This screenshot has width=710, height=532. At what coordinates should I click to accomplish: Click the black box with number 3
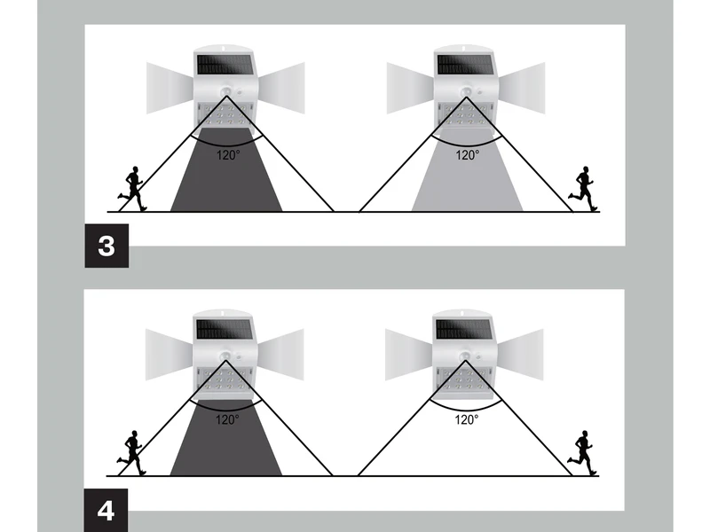pyautogui.click(x=106, y=246)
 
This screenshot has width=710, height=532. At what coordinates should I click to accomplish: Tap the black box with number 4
pyautogui.click(x=106, y=511)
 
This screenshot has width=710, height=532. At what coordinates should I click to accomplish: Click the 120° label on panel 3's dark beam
pyautogui.click(x=228, y=155)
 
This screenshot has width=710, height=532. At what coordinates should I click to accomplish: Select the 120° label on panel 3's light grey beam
pyautogui.click(x=468, y=155)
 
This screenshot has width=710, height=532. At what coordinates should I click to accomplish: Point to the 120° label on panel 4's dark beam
pyautogui.click(x=227, y=419)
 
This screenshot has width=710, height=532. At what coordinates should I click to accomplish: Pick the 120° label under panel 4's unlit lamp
pyautogui.click(x=467, y=419)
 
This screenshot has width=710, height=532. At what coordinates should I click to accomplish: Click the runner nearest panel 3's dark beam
pyautogui.click(x=132, y=189)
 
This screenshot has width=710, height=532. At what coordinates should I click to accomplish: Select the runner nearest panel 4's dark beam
pyautogui.click(x=131, y=453)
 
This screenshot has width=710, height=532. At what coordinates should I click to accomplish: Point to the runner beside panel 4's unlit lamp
pyautogui.click(x=582, y=453)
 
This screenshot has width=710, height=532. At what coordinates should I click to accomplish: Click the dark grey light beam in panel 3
pyautogui.click(x=226, y=169)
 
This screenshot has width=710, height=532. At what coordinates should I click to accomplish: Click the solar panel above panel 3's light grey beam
pyautogui.click(x=464, y=65)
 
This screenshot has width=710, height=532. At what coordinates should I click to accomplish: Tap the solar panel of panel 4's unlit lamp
pyautogui.click(x=463, y=330)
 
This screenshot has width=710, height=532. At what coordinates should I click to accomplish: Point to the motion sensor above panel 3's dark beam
pyautogui.click(x=225, y=91)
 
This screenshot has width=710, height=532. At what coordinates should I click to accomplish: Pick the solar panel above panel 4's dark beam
pyautogui.click(x=225, y=330)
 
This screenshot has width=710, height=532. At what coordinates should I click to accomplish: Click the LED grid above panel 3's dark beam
pyautogui.click(x=225, y=115)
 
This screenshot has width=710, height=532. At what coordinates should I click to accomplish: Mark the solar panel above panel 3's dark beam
pyautogui.click(x=225, y=65)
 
